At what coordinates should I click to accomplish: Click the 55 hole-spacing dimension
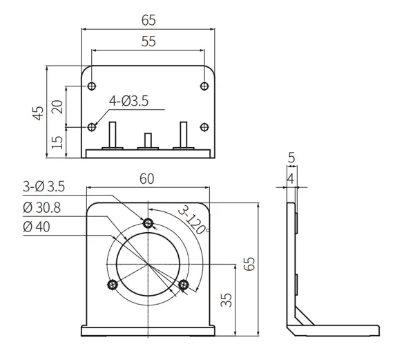click(x=148, y=41)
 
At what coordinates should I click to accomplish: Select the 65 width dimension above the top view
click(x=148, y=19)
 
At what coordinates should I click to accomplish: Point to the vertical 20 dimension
click(x=58, y=106)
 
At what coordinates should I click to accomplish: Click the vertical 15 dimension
click(x=58, y=142)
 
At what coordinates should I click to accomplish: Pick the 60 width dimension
click(x=146, y=178)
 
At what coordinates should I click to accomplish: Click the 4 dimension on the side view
click(x=291, y=178)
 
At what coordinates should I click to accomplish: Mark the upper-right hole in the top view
click(x=204, y=86)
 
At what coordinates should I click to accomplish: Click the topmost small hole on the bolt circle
click(x=148, y=222)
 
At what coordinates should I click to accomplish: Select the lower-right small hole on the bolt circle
click(x=184, y=284)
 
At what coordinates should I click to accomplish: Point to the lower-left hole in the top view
click(x=92, y=127)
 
